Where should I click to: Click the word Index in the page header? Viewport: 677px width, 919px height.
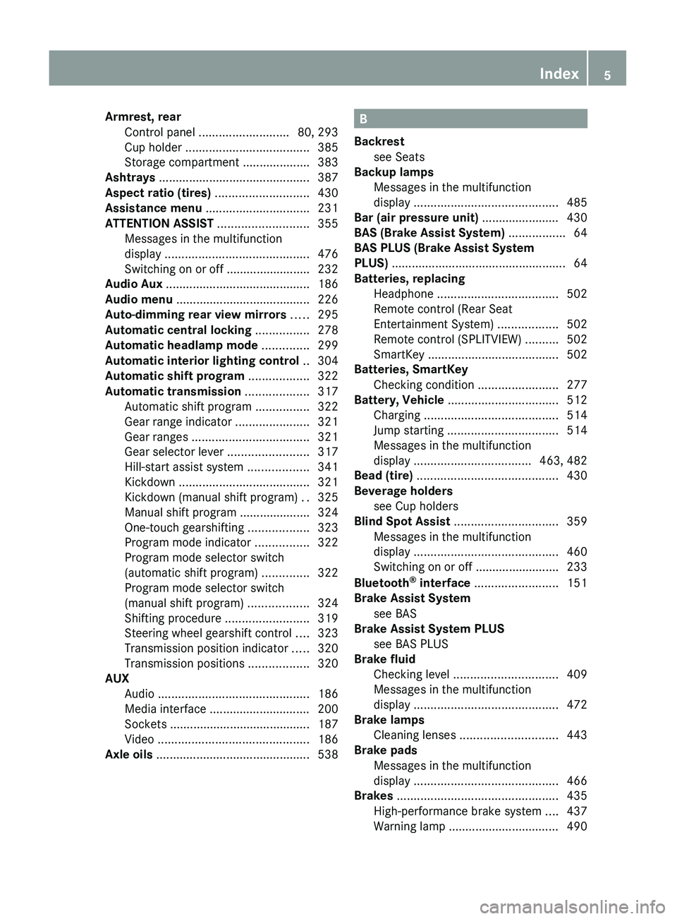pyautogui.click(x=559, y=73)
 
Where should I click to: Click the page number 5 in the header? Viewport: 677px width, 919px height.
pyautogui.click(x=607, y=75)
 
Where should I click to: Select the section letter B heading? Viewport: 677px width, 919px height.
pyautogui.click(x=363, y=119)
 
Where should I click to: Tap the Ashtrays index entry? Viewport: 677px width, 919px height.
pyautogui.click(x=130, y=178)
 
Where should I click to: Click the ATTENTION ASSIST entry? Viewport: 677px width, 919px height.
pyautogui.click(x=159, y=224)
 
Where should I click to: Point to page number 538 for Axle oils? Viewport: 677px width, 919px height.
pyautogui.click(x=328, y=755)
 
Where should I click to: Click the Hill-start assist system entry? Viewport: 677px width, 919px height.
pyautogui.click(x=183, y=467)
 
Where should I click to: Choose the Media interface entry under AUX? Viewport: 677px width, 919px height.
pyautogui.click(x=165, y=709)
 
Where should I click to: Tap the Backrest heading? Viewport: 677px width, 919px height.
pyautogui.click(x=379, y=142)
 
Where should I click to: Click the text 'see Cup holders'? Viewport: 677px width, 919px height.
pyautogui.click(x=415, y=506)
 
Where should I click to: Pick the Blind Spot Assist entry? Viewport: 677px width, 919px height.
pyautogui.click(x=402, y=522)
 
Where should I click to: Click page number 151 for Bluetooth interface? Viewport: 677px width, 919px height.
pyautogui.click(x=577, y=583)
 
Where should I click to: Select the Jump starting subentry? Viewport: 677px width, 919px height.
pyautogui.click(x=408, y=431)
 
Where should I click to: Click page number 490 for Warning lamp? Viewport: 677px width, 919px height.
pyautogui.click(x=577, y=827)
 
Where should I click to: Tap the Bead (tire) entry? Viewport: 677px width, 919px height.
pyautogui.click(x=384, y=476)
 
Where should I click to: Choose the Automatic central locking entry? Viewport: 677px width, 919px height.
pyautogui.click(x=178, y=330)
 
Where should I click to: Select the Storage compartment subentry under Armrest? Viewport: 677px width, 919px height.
pyautogui.click(x=182, y=162)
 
